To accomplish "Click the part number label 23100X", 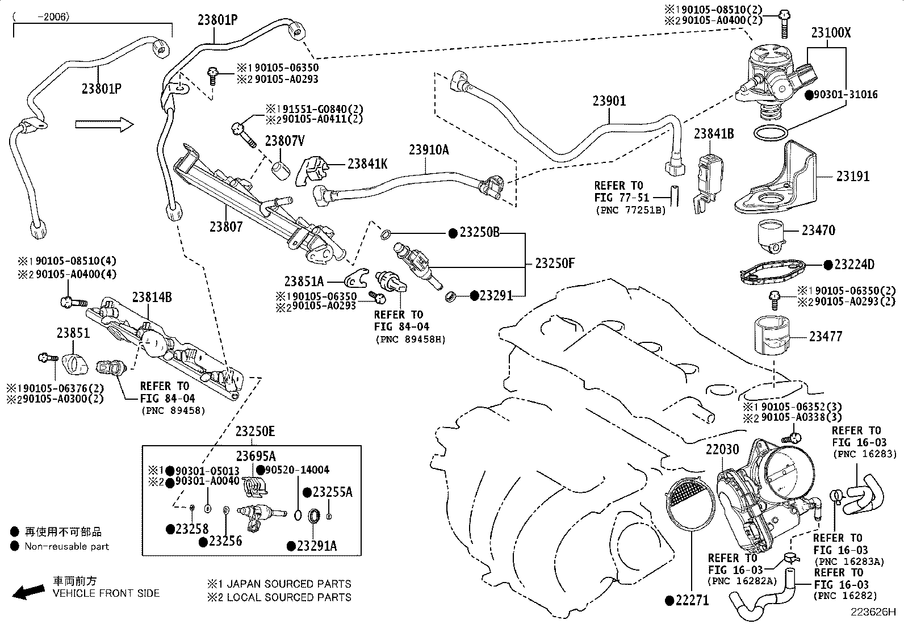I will [x=831, y=32].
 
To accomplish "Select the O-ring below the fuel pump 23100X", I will [x=771, y=133].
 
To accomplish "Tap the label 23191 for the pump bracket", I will [x=852, y=177].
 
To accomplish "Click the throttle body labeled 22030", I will [x=761, y=494].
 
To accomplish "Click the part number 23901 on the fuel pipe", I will [x=609, y=101].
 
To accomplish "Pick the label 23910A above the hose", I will [x=429, y=150].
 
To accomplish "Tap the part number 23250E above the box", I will [x=255, y=432].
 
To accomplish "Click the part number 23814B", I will [x=152, y=297].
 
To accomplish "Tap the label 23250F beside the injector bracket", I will [x=555, y=263].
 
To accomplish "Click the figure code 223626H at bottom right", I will [x=872, y=613].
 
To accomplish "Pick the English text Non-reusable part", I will [x=66, y=546].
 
